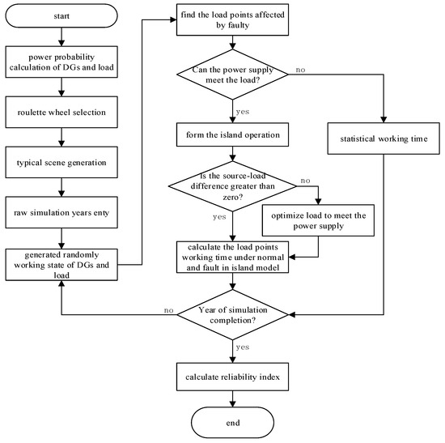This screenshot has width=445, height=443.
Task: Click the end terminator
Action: click(234, 421)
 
